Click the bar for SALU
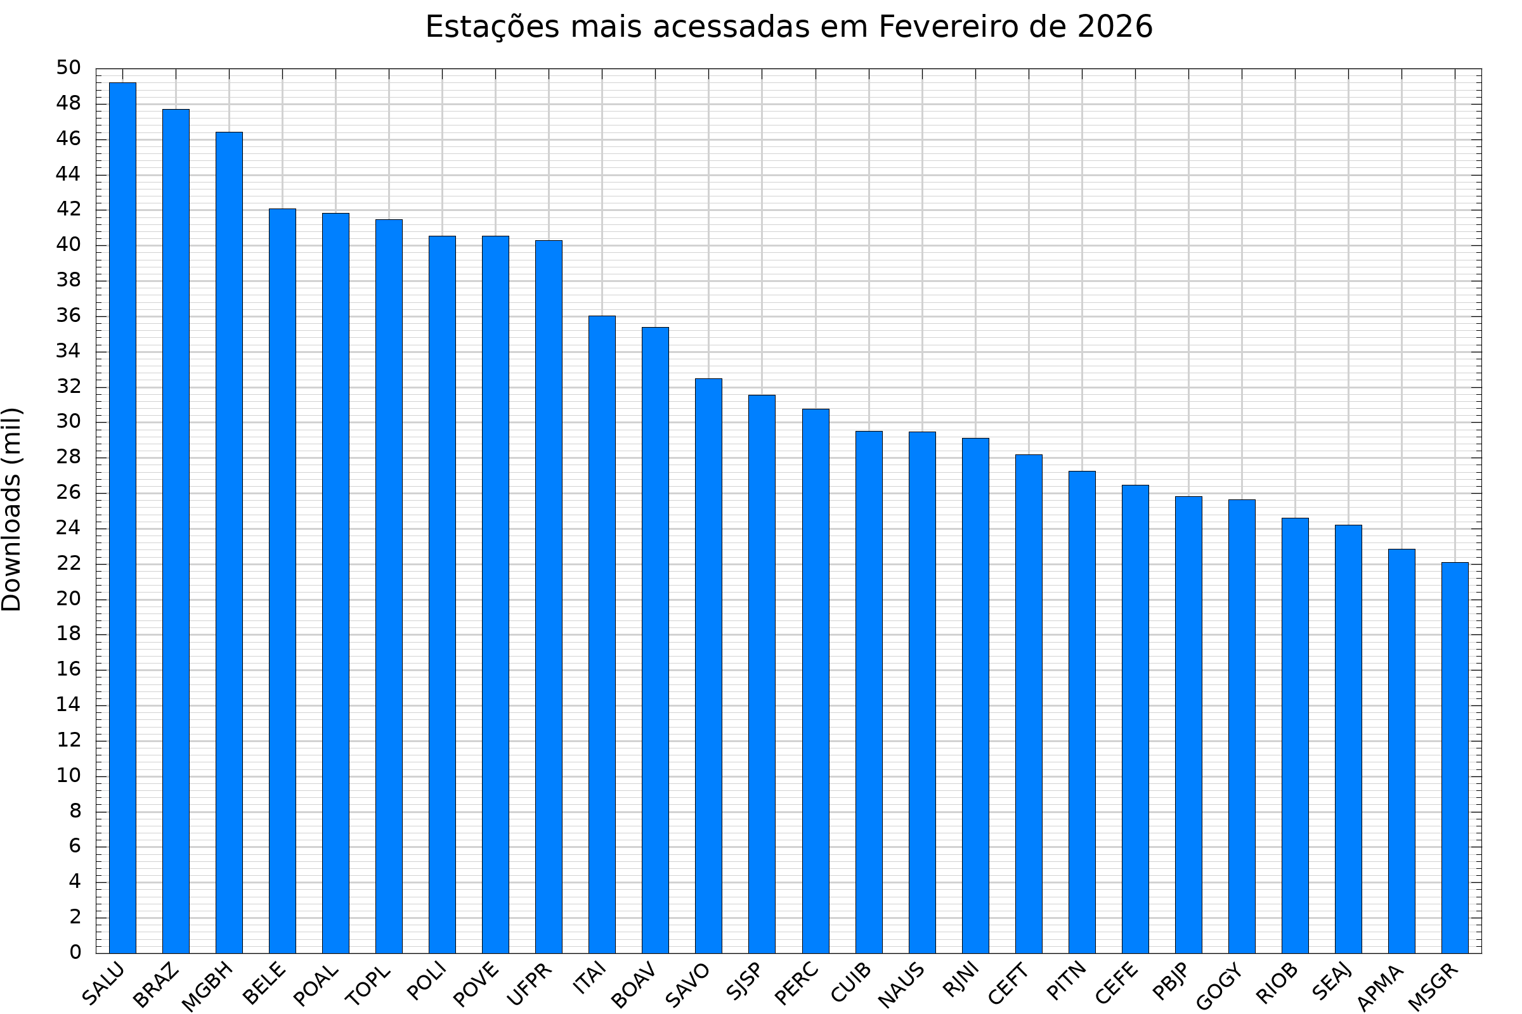[123, 517]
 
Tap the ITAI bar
[602, 634]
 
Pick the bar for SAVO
[708, 665]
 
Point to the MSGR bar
[1455, 757]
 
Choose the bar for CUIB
[869, 692]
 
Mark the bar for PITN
[1082, 711]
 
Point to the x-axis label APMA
[1381, 987]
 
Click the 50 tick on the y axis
[68, 68]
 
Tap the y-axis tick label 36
[68, 316]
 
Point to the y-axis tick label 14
[68, 704]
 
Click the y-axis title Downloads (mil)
[11, 510]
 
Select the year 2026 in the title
[1115, 27]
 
